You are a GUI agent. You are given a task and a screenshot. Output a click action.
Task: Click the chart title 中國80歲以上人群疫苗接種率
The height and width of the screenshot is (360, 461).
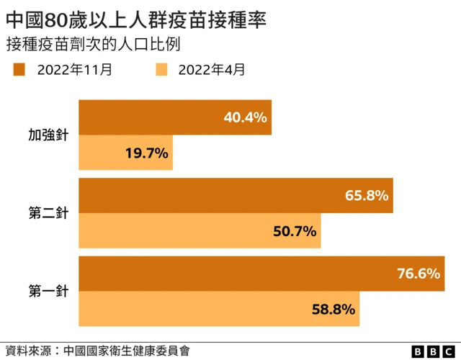(x=136, y=18)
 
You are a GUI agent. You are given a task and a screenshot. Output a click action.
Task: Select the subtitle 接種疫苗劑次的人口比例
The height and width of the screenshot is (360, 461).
(x=92, y=44)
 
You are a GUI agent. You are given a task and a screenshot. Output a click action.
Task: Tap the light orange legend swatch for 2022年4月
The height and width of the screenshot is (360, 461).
(x=162, y=70)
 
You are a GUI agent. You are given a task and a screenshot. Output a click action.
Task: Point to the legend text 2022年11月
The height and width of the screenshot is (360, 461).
(x=74, y=70)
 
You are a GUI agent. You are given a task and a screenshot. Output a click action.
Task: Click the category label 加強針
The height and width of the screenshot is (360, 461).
(x=48, y=135)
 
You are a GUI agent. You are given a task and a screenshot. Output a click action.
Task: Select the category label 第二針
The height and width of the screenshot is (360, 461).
(x=48, y=214)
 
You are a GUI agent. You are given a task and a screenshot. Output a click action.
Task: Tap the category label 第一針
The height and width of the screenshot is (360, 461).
(x=48, y=292)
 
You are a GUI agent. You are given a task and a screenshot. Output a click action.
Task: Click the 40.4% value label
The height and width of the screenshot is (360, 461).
(x=246, y=117)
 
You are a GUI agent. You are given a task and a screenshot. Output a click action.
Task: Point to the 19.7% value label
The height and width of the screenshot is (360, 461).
(x=147, y=153)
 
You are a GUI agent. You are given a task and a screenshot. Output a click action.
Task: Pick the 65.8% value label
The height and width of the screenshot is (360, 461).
(x=367, y=196)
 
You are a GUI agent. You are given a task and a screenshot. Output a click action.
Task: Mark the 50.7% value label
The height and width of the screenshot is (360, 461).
(x=295, y=231)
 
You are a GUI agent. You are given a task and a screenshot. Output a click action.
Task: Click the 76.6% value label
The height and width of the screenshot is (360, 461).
(x=419, y=274)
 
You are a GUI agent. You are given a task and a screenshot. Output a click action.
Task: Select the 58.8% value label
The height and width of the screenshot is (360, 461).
(x=334, y=309)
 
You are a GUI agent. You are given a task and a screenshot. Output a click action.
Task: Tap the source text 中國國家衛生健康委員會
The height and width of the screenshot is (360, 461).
(x=126, y=351)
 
